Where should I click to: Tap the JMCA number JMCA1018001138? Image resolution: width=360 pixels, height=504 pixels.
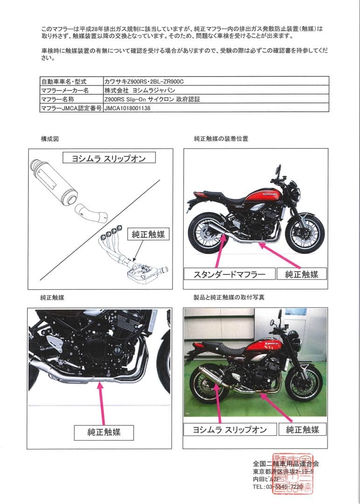[128, 108]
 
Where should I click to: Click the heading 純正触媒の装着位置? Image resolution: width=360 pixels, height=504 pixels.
[221, 139]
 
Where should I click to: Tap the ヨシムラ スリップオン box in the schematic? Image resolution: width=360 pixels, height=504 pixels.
[108, 158]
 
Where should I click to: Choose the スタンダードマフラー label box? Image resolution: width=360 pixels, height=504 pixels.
[229, 274]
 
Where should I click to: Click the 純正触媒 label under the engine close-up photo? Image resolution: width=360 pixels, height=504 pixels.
[104, 432]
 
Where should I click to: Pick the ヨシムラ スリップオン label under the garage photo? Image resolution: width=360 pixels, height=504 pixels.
[229, 429]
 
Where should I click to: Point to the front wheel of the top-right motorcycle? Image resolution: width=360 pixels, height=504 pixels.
[305, 234]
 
